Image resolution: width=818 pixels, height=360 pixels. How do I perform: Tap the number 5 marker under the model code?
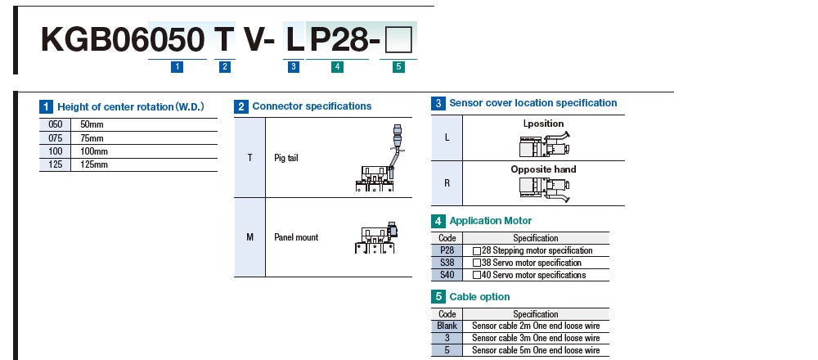pyautogui.click(x=398, y=68)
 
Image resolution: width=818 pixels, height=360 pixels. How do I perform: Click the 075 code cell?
pyautogui.click(x=56, y=138)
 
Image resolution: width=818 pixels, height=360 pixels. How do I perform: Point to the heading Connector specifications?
pyautogui.click(x=312, y=106)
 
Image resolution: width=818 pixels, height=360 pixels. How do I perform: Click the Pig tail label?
pyautogui.click(x=286, y=158)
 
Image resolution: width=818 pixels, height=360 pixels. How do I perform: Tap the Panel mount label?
pyautogui.click(x=296, y=237)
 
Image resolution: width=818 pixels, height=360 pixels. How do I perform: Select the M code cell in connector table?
pyautogui.click(x=249, y=237)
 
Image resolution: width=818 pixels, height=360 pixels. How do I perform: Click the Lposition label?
pyautogui.click(x=543, y=124)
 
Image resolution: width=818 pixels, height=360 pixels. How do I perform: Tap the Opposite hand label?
pyautogui.click(x=543, y=169)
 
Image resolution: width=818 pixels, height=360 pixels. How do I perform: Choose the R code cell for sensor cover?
pyautogui.click(x=447, y=182)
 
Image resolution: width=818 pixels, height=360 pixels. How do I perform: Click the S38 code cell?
pyautogui.click(x=447, y=263)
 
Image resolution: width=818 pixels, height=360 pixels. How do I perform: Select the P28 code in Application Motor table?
pyautogui.click(x=447, y=250)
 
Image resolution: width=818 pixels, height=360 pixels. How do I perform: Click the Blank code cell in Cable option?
pyautogui.click(x=447, y=326)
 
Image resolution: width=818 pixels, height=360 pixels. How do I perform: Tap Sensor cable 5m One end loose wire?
pyautogui.click(x=536, y=350)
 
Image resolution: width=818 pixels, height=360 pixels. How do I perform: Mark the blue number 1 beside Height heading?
pyautogui.click(x=47, y=106)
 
